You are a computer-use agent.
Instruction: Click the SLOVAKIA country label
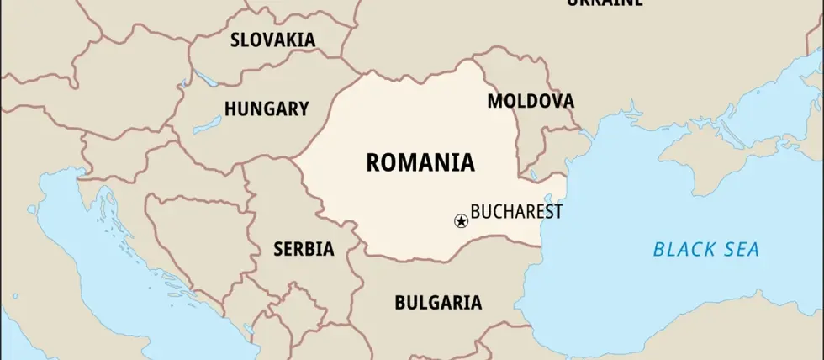coord(273,40)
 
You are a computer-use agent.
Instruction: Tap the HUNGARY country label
coord(267,109)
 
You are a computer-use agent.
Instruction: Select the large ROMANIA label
coord(420,161)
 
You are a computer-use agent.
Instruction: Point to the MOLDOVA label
coord(531,101)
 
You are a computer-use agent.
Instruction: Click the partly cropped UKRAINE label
coord(605,3)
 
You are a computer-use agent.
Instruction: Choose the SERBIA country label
coord(304,249)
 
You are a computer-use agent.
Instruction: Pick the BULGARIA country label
coord(438,302)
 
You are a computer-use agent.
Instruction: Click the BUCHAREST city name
coord(516,211)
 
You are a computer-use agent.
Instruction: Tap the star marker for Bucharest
coord(460,220)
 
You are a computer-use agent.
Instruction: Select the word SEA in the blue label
coord(743,249)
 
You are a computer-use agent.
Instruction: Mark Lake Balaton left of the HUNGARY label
coord(206,129)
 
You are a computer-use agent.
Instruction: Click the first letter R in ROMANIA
coord(372,161)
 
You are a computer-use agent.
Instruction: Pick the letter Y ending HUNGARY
coord(303,109)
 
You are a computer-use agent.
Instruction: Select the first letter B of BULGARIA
coord(400,302)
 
